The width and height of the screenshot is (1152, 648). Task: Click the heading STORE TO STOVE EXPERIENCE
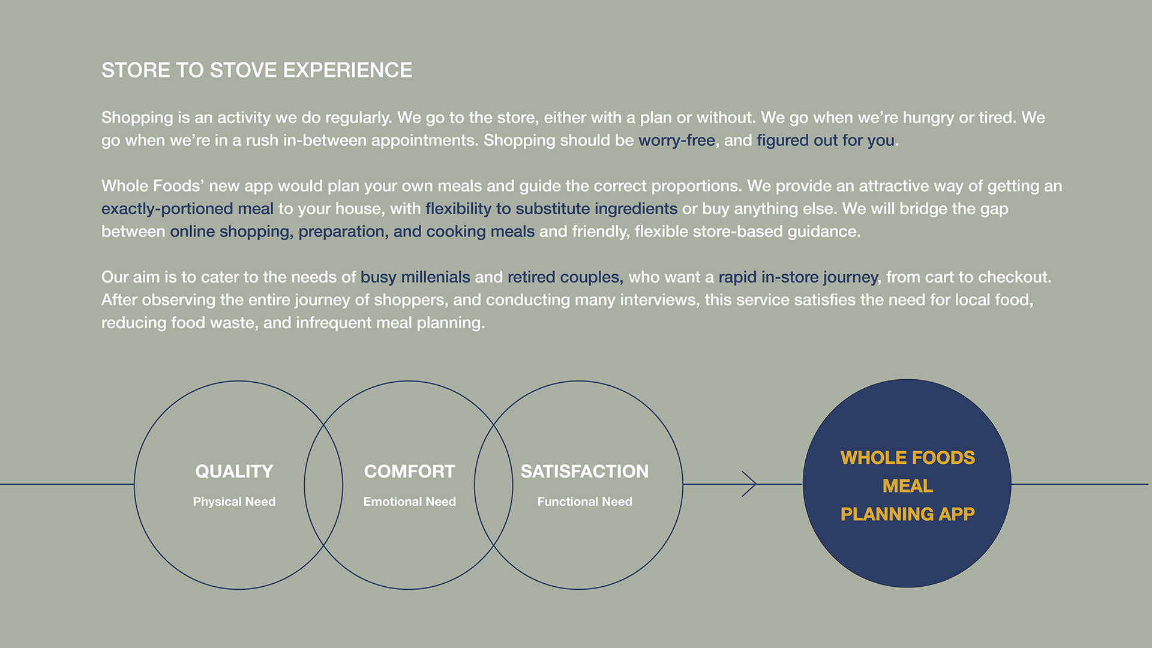tap(257, 70)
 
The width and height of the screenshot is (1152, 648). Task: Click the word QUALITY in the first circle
tap(234, 472)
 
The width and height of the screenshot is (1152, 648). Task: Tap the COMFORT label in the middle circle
tap(409, 472)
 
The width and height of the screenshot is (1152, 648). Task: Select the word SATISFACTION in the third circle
tap(584, 472)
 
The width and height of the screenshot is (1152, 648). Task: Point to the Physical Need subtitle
tap(234, 502)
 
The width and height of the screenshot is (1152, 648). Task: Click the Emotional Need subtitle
tap(409, 502)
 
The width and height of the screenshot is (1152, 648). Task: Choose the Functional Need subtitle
tap(584, 502)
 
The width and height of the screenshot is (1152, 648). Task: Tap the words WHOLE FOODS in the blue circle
tap(907, 458)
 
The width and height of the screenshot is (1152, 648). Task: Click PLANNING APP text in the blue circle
tap(907, 514)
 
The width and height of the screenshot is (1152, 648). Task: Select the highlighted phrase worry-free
tap(676, 140)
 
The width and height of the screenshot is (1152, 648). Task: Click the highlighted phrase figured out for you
tap(825, 140)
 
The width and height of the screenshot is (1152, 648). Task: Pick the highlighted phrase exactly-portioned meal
tap(187, 209)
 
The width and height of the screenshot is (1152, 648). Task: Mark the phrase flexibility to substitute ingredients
tap(551, 209)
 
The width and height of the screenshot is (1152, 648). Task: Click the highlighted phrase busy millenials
tap(415, 277)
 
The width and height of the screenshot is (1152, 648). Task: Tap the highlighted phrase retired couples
tap(563, 277)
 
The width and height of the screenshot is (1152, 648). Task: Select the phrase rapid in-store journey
tap(798, 277)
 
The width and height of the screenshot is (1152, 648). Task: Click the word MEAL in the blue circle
tap(907, 486)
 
